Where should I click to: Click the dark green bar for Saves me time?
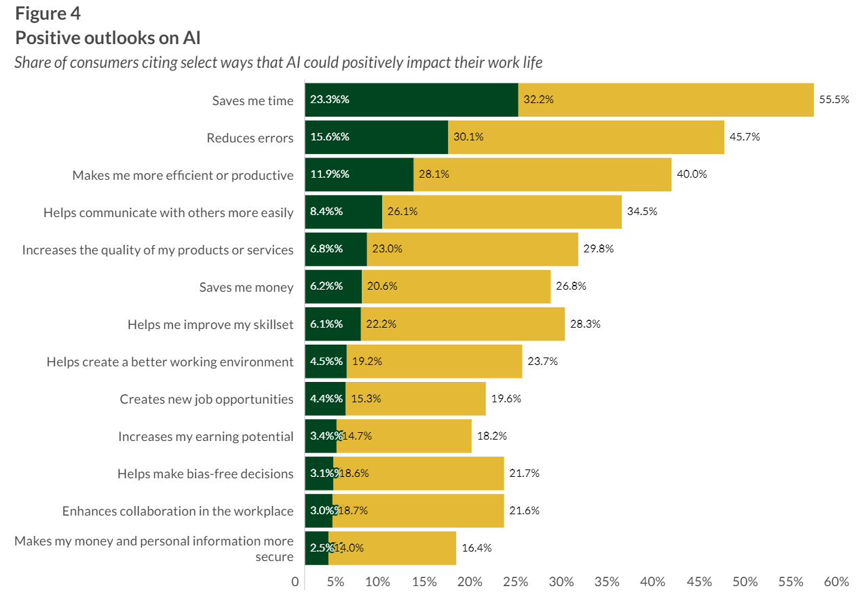pyautogui.click(x=411, y=100)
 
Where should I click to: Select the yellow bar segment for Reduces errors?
pyautogui.click(x=586, y=137)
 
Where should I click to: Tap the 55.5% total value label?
pyautogui.click(x=834, y=100)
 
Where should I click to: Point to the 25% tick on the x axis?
pyautogui.click(x=517, y=582)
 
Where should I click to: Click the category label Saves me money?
pyautogui.click(x=246, y=287)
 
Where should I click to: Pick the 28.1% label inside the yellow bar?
pyautogui.click(x=434, y=174)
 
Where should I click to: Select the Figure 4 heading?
pyautogui.click(x=48, y=14)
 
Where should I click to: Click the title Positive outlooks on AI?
pyautogui.click(x=107, y=37)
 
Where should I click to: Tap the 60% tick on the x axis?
pyautogui.click(x=836, y=582)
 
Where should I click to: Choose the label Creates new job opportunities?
pyautogui.click(x=206, y=399)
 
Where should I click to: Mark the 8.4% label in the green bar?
pyautogui.click(x=326, y=212)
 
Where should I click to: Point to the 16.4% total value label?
pyautogui.click(x=476, y=548)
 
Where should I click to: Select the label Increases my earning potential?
pyautogui.click(x=206, y=436)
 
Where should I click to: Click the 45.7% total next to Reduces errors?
pyautogui.click(x=745, y=137)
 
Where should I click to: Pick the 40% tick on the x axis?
pyautogui.click(x=652, y=582)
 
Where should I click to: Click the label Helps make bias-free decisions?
pyautogui.click(x=205, y=474)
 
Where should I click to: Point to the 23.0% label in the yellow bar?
pyautogui.click(x=387, y=249)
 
